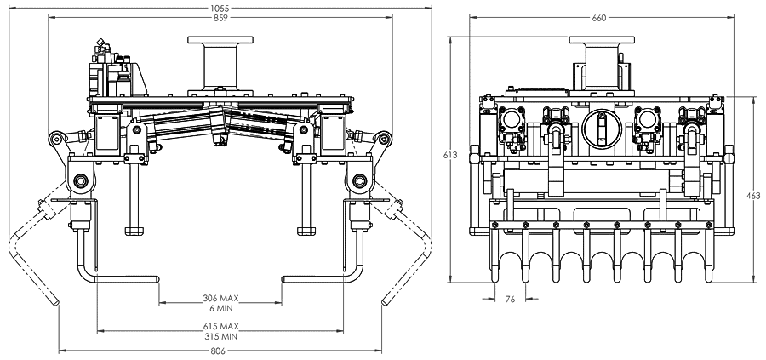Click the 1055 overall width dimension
click(220, 7)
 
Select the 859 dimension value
click(220, 17)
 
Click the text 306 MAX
click(220, 299)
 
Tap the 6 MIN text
click(220, 308)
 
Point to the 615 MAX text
click(220, 327)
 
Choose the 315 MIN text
click(220, 336)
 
